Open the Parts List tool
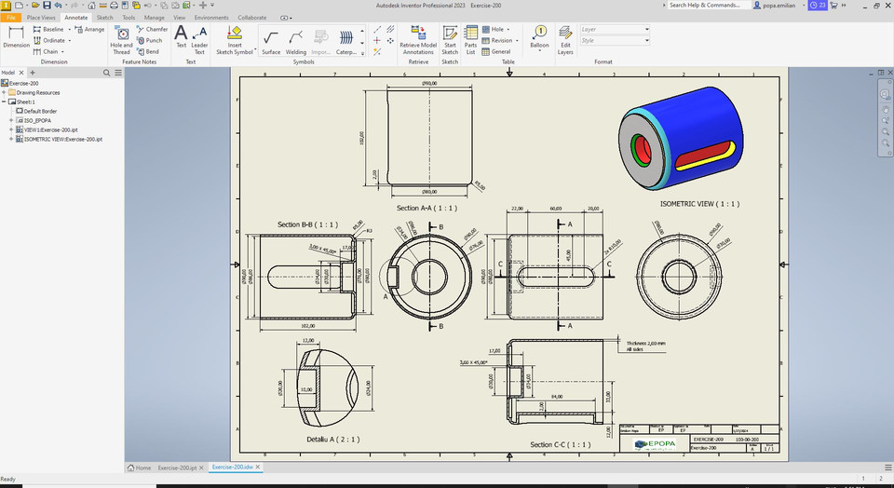click(x=471, y=39)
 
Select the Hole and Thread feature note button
click(x=122, y=39)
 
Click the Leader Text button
click(x=199, y=39)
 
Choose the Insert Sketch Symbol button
click(x=235, y=39)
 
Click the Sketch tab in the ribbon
click(x=104, y=17)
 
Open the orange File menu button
click(x=11, y=17)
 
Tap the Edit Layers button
click(x=565, y=39)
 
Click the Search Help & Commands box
click(x=708, y=5)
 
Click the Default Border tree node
click(x=40, y=111)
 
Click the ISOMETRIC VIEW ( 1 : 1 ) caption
click(x=699, y=203)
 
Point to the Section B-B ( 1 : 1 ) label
click(x=307, y=224)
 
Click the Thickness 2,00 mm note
click(x=645, y=344)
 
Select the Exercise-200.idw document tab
click(x=235, y=467)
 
